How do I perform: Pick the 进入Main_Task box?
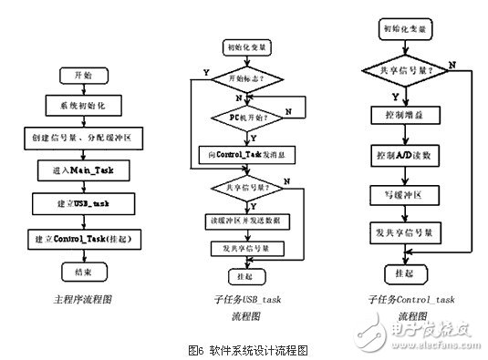coord(87,169)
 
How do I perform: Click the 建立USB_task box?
coord(87,201)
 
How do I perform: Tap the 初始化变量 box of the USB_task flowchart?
coord(238,46)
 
